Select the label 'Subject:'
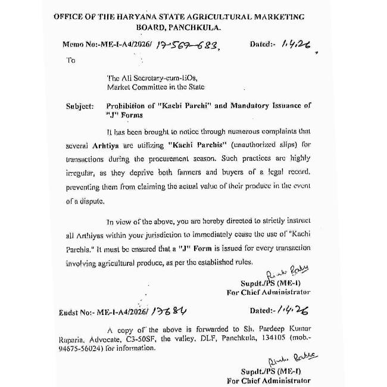[80, 106]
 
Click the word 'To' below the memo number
[71, 60]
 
